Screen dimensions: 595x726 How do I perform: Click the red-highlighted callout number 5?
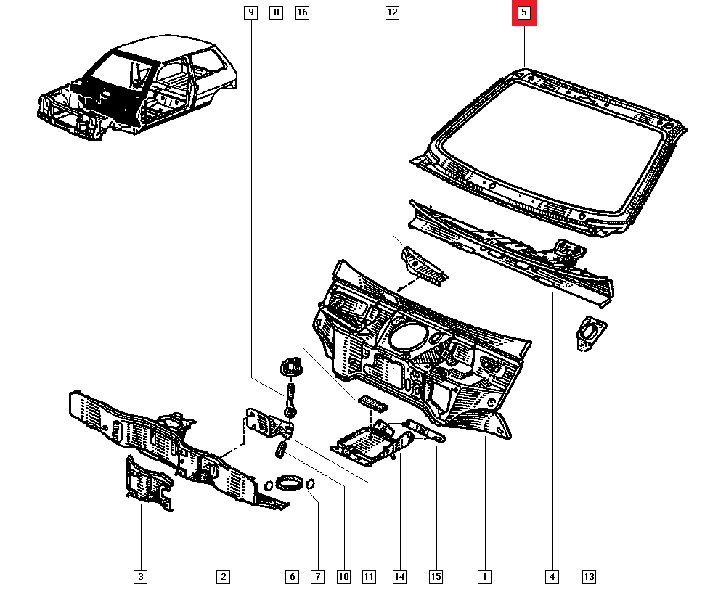524,13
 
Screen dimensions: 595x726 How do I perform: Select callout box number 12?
392,12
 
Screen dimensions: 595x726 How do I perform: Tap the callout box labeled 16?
302,12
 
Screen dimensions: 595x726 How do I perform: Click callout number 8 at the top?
276,12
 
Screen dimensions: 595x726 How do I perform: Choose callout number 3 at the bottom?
141,577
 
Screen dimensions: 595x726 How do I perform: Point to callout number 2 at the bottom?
223,577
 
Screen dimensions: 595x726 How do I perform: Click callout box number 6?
292,577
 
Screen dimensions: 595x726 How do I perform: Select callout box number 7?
317,577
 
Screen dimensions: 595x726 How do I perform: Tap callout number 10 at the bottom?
343,577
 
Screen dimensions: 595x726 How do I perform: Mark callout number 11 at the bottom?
369,577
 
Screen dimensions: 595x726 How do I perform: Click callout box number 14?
399,577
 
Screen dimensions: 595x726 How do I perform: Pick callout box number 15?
436,577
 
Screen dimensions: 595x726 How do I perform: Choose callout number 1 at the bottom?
483,577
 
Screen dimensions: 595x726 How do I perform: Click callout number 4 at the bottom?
552,577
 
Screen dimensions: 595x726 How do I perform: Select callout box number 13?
589,577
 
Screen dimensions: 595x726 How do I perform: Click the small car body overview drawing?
138,91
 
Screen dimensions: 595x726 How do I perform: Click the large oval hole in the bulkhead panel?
407,337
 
